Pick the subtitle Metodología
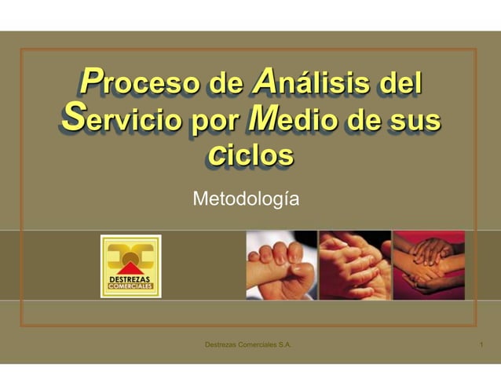point(245,200)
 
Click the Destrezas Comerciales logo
point(130,266)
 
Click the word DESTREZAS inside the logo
point(130,279)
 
